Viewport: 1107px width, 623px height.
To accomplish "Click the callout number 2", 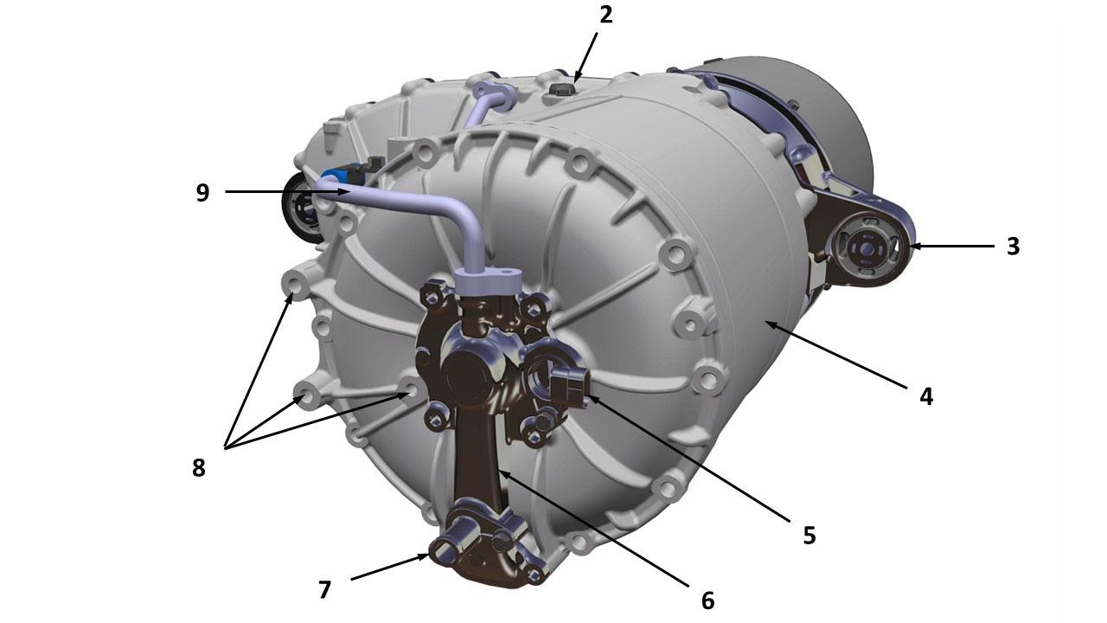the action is (606, 16).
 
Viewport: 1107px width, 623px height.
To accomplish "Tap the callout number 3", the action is (1013, 247).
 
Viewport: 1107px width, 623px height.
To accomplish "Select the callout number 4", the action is (926, 396).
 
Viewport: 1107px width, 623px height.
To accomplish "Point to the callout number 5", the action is (809, 535).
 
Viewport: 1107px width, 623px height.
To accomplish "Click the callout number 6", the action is (707, 601).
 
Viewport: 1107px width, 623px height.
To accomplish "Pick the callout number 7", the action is (324, 590).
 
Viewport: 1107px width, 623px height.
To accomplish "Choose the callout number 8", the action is (199, 468).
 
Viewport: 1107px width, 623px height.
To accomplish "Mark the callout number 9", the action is (202, 192).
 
